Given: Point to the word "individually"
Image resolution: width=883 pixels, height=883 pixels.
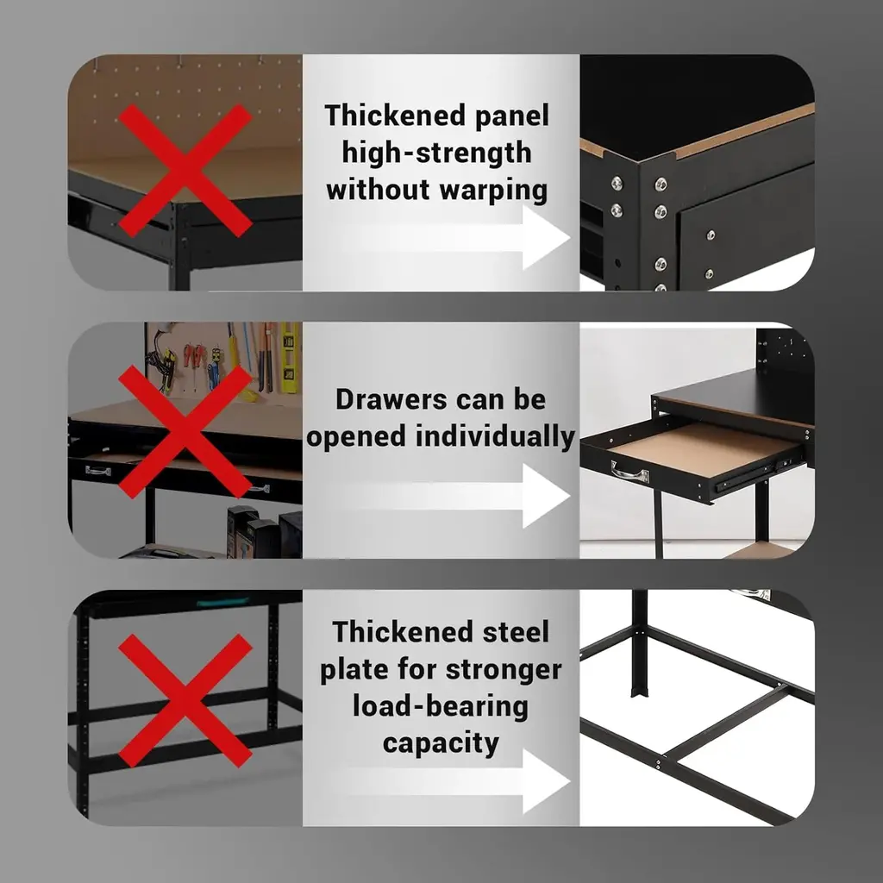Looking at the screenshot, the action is tap(495, 437).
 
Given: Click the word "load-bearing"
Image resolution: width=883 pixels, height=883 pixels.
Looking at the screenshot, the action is tap(441, 707).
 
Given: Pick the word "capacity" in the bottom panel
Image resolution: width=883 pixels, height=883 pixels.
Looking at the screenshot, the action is tap(441, 744).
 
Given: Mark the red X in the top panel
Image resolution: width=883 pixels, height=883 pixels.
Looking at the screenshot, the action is tap(185, 170).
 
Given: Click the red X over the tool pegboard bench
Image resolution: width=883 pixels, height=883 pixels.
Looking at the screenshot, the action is tap(185, 431).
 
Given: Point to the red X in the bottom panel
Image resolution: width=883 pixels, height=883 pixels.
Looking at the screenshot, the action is tap(185, 700).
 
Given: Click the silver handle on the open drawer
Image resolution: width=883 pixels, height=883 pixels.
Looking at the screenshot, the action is tap(629, 472).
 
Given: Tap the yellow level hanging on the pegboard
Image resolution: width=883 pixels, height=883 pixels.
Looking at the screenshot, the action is tap(290, 358).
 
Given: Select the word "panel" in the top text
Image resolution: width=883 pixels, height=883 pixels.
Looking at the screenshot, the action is tap(511, 116).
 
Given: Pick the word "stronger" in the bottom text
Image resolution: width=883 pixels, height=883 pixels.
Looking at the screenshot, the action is tap(504, 669).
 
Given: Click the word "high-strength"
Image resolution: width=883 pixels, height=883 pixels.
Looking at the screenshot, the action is tap(436, 153).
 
